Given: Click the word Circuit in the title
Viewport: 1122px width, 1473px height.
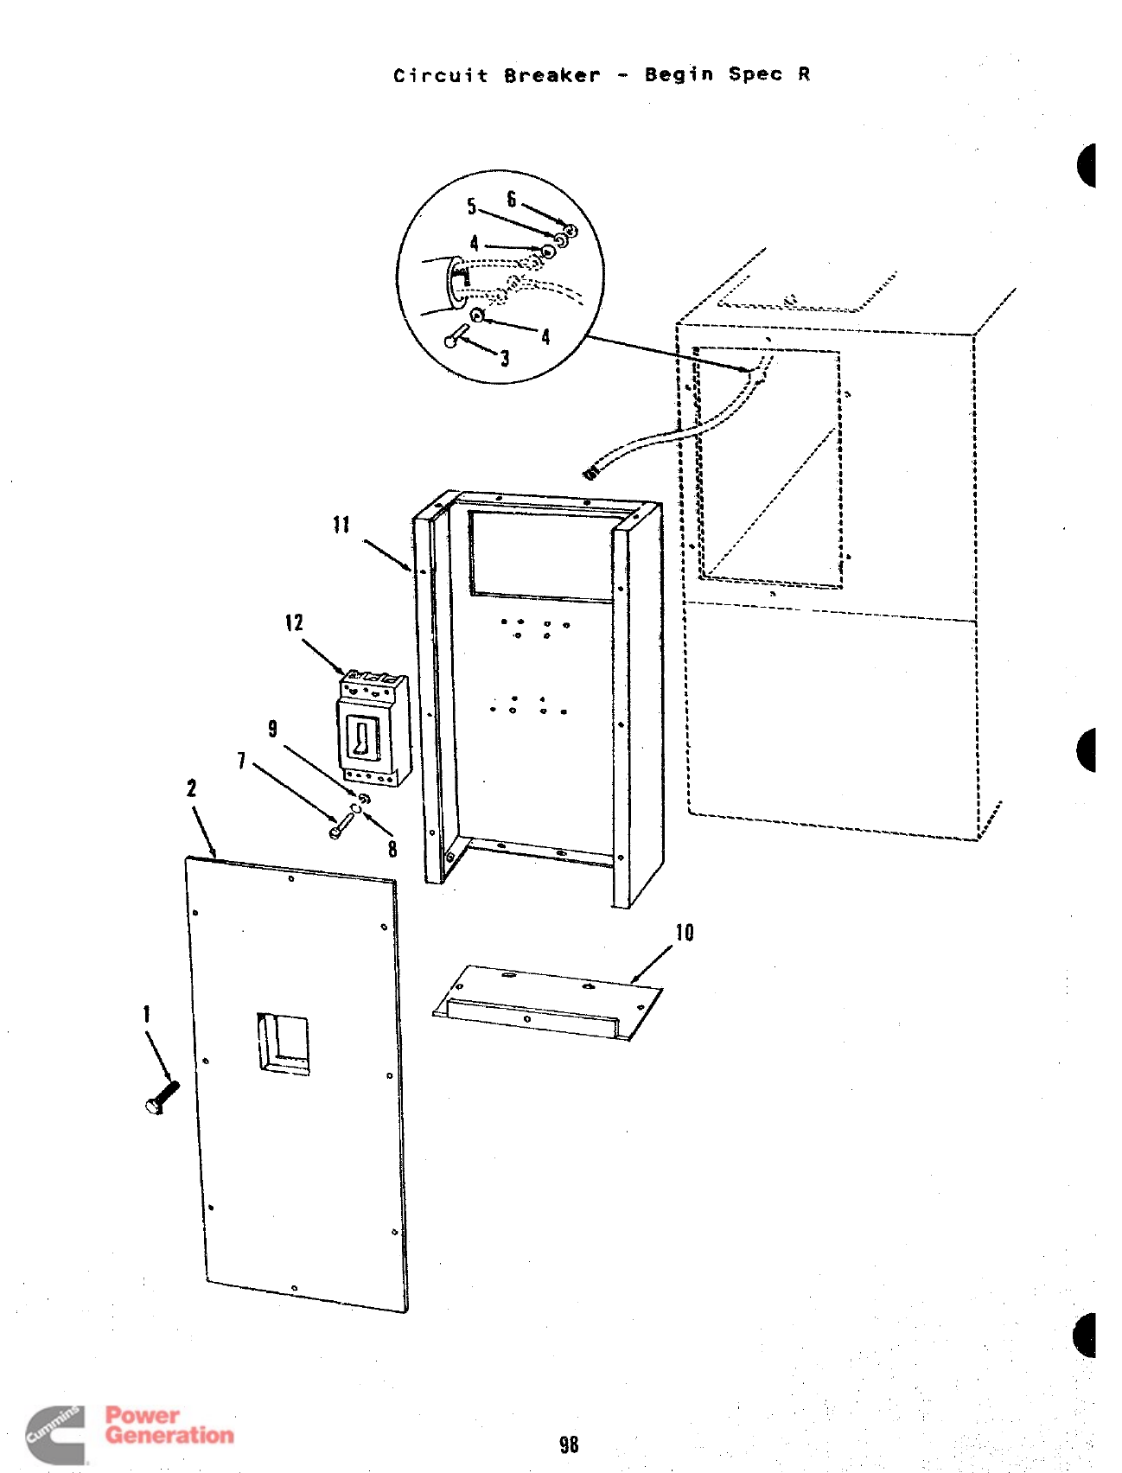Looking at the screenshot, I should click(441, 75).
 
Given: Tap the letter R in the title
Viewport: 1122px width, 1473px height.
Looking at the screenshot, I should click(804, 74).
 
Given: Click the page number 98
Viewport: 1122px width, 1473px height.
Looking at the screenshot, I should click(568, 1444).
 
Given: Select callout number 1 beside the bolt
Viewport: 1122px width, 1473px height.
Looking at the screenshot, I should click(147, 1013).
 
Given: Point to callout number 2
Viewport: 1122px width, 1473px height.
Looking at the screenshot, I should click(191, 788).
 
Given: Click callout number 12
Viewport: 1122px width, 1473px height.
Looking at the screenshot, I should click(294, 623).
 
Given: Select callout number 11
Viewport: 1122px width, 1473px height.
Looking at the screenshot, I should click(341, 525).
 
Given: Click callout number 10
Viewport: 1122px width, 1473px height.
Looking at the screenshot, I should click(685, 933).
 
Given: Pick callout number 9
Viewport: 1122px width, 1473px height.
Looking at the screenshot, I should click(273, 729).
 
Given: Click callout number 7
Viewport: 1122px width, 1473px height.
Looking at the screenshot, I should click(241, 761).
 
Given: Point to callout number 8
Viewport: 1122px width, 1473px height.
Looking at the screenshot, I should click(392, 849).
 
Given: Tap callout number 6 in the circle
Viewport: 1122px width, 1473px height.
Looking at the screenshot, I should click(511, 200).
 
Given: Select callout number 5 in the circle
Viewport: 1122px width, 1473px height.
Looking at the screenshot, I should click(471, 207).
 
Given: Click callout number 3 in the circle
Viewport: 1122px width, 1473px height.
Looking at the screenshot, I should click(505, 358).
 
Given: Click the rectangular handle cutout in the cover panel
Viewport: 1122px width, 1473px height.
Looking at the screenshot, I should click(284, 1043).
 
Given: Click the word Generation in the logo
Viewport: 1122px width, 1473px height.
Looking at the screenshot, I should click(169, 1436).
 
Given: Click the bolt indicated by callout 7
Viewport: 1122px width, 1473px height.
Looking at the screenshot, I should click(341, 826).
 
